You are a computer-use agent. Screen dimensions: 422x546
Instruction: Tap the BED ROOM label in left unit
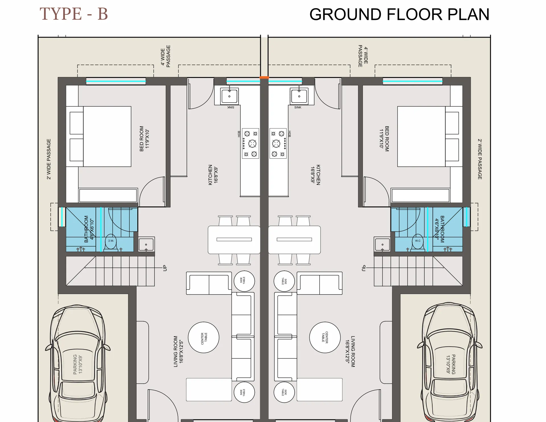tap(144, 138)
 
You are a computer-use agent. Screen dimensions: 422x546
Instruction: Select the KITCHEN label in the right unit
tap(315, 175)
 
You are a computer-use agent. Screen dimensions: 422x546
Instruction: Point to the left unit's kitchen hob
tap(251, 143)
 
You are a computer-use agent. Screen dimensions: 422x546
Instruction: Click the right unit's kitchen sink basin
tap(299, 96)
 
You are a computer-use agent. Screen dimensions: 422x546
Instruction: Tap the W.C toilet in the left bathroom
tap(111, 242)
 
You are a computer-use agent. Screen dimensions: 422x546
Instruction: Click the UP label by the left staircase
tap(165, 268)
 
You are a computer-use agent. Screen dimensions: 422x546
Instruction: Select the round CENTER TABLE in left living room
tap(204, 337)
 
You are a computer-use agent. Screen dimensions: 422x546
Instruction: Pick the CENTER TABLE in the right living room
tap(325, 337)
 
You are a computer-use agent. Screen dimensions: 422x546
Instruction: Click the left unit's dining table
tap(234, 239)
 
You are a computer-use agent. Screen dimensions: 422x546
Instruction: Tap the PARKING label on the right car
tap(451, 364)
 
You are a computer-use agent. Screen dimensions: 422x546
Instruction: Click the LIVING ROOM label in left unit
tap(178, 351)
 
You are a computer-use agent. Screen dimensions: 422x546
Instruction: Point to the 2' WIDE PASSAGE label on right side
tap(480, 159)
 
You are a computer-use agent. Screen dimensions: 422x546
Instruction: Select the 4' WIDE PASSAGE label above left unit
tap(166, 56)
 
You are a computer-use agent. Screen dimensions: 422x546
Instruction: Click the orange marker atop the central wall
tap(264, 77)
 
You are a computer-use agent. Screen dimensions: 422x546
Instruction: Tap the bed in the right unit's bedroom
tap(421, 136)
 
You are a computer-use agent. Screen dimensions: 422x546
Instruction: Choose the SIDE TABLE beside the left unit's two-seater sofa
tap(244, 281)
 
